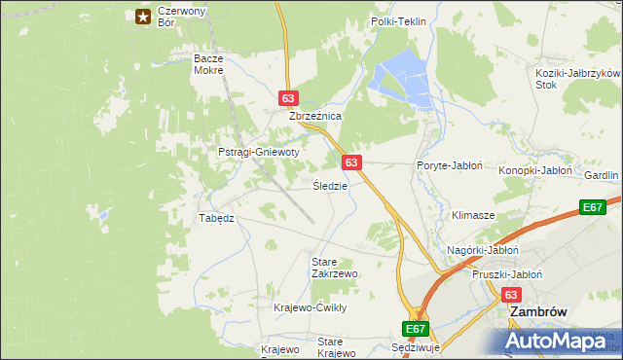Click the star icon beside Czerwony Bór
coord(143,16)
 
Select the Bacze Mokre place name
coord(208,64)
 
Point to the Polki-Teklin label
coord(399,20)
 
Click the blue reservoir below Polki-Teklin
coord(401,78)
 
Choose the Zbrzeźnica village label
coord(314,115)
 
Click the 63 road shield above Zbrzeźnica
coord(287,98)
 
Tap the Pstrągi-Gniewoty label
coord(258,153)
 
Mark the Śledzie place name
coord(330,185)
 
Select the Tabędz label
coord(216,218)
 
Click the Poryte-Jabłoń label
coord(450,165)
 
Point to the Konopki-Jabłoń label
coord(535,170)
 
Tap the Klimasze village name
coord(473,214)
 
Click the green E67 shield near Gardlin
coord(593,207)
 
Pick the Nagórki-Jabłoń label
coord(478,250)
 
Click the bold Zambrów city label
coord(538,313)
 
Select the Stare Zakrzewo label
coord(334,268)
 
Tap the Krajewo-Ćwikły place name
coord(311,307)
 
